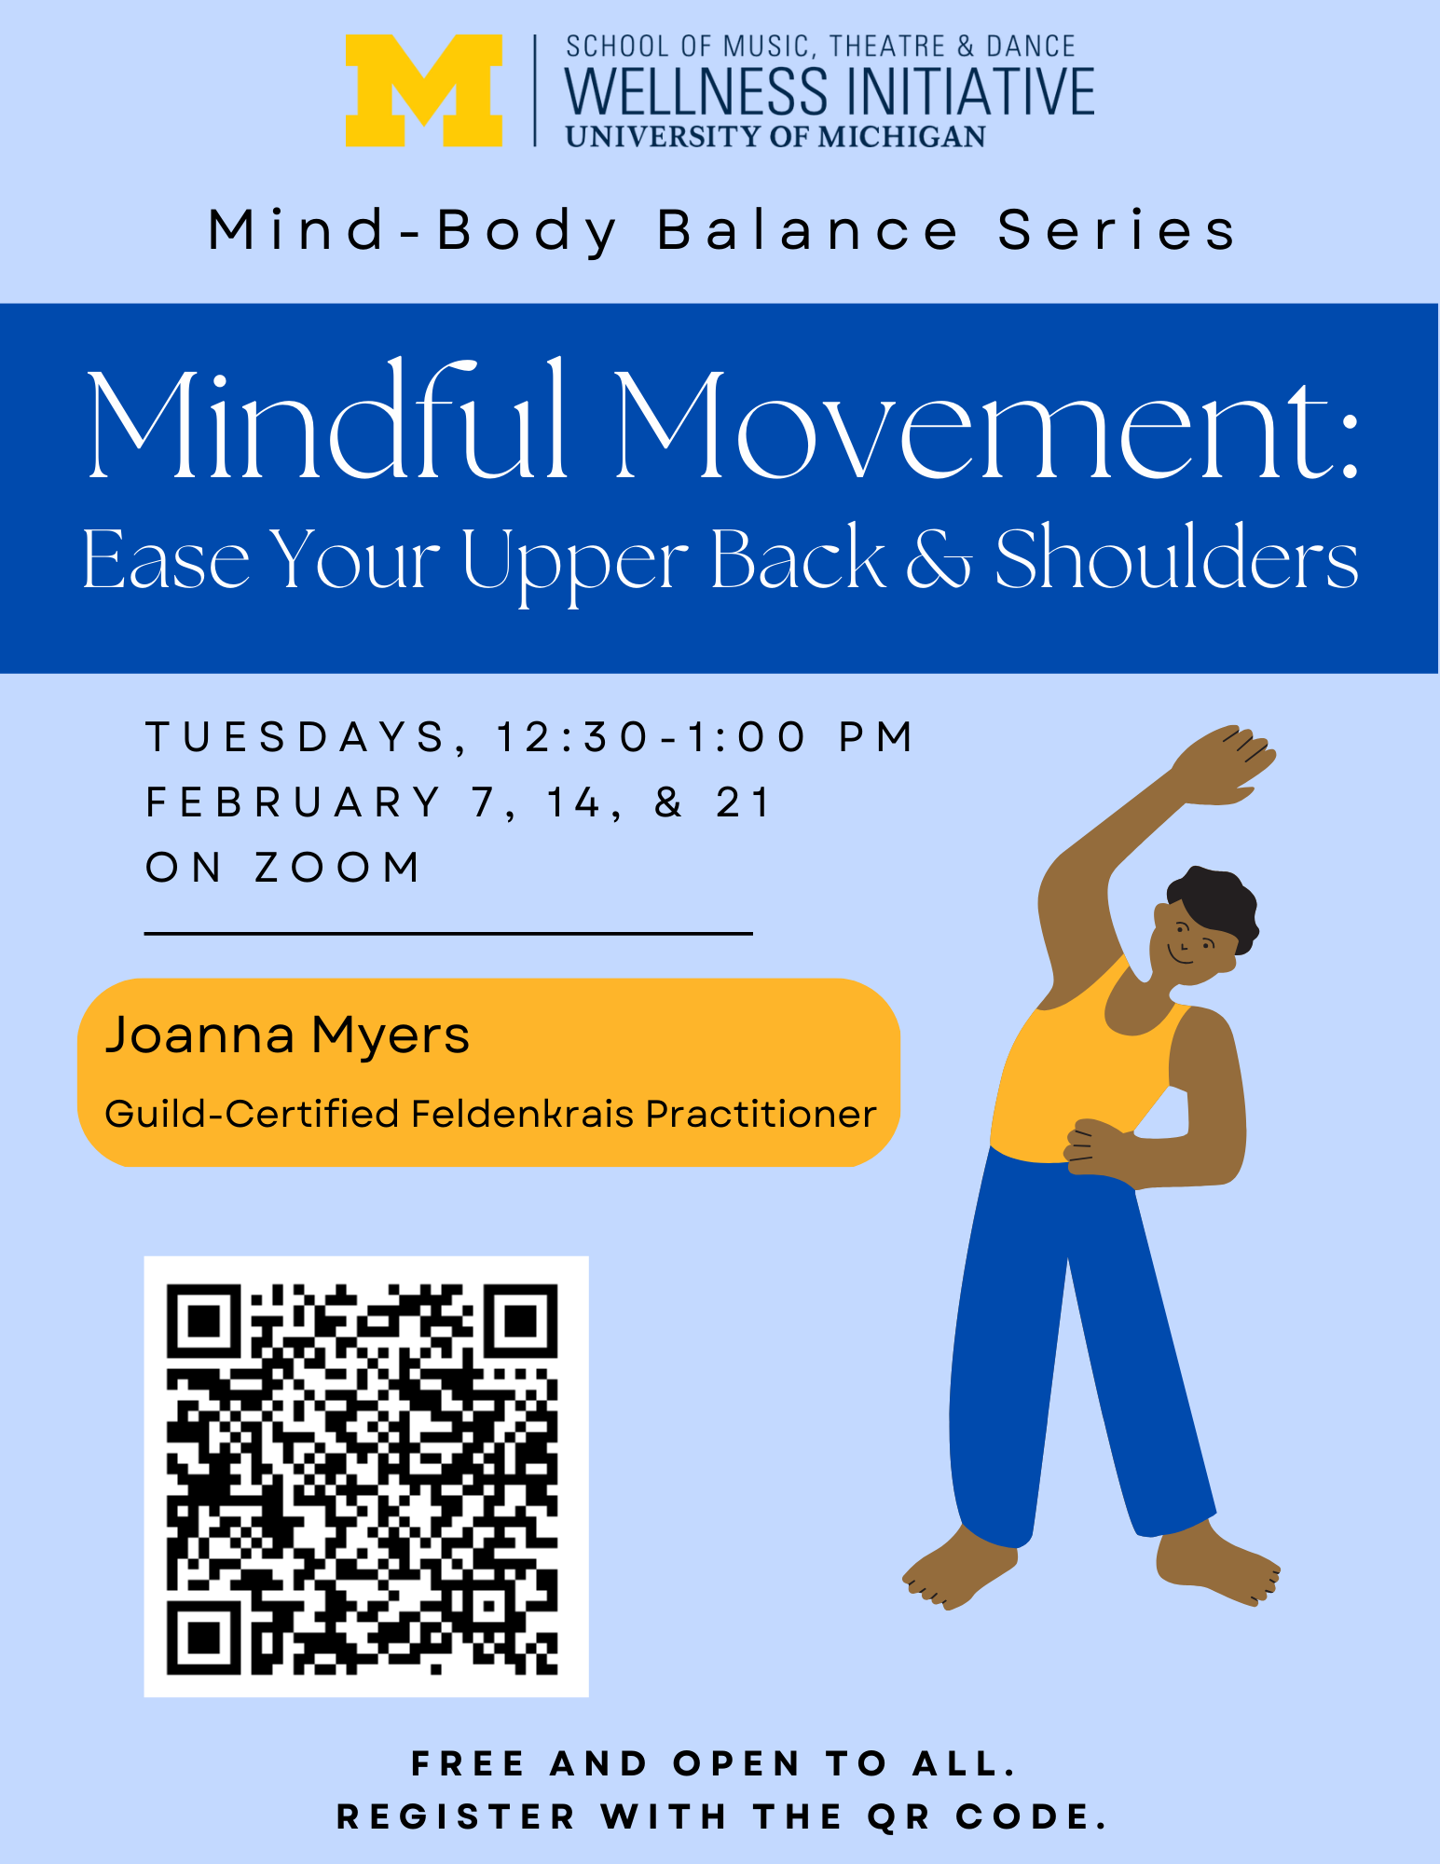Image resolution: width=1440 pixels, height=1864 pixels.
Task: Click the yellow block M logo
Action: pos(424,90)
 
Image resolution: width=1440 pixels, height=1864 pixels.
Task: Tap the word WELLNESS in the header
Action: pos(696,91)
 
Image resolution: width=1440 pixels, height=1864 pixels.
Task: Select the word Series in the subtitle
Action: pos(1117,230)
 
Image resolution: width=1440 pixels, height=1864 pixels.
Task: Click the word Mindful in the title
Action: pos(327,421)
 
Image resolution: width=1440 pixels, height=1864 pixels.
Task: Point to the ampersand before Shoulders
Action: pos(939,559)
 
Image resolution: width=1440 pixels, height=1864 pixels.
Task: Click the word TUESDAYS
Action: pos(296,738)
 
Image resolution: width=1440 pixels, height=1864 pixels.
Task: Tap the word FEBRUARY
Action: pos(294,802)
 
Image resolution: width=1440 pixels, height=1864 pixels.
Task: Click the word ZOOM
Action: pos(337,868)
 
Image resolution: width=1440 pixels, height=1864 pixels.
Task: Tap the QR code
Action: pos(366,1476)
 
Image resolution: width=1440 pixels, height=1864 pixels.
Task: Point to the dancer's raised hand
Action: pos(1224,764)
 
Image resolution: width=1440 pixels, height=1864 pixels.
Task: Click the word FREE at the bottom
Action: pos(469,1763)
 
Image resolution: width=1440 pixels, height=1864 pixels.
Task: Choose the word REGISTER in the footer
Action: pos(457,1816)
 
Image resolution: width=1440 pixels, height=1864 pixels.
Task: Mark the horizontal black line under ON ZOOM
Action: pos(448,933)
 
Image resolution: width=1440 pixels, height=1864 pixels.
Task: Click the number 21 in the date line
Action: pos(744,802)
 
